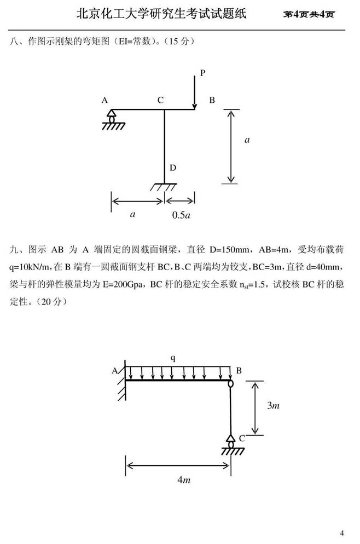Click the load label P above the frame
pos(203,73)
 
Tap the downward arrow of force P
pos(195,92)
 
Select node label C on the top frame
pos(160,100)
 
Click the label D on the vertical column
pos(173,168)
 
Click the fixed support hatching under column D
pos(164,187)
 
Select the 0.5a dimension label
pos(181,215)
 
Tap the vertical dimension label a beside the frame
pos(247,140)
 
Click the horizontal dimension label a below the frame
pos(132,214)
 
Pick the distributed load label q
pos(173,358)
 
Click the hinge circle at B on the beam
pos(230,383)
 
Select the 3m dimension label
pos(273,405)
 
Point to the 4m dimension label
pos(184,480)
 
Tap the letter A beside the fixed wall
pos(114,371)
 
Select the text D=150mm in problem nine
pos(229,249)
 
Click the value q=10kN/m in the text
pos(30,267)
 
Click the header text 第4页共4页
pos(309,14)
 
